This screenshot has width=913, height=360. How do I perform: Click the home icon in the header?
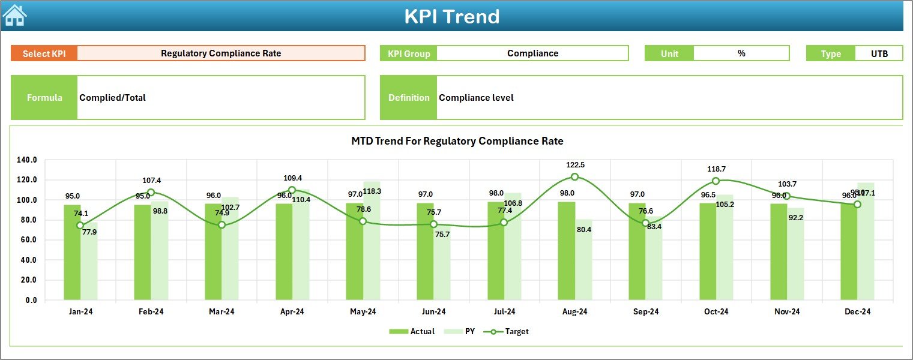point(15,16)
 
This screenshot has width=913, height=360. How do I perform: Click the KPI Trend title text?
point(451,16)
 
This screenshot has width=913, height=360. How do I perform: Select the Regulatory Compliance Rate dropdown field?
point(221,53)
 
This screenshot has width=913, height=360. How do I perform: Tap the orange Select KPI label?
point(44,53)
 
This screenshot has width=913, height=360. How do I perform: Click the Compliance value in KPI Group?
point(532,53)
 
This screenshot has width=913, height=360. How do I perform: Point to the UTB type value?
point(879,53)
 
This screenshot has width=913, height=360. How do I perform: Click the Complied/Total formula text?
point(113,98)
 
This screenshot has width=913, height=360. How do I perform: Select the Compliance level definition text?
point(476,98)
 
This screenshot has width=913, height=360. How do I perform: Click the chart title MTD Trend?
point(457,141)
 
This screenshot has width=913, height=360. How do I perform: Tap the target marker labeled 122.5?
point(574,177)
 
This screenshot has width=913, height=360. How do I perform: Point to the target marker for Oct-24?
point(716,181)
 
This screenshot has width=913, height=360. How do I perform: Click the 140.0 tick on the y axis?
point(27,160)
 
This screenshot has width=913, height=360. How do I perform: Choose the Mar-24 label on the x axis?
point(221,311)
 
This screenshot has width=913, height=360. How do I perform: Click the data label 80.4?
point(583,229)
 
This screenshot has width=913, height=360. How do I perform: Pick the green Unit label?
point(669,53)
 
